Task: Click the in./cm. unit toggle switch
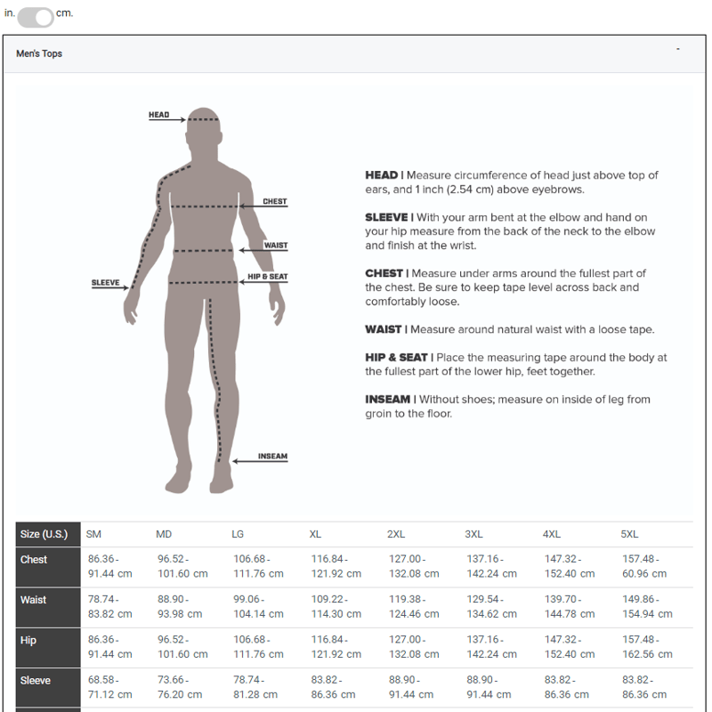(x=36, y=17)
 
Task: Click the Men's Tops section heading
(x=39, y=53)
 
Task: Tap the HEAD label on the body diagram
(x=159, y=115)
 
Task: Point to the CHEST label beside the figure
(x=275, y=201)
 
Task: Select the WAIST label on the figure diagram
(x=276, y=246)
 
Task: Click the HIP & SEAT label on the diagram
(x=268, y=277)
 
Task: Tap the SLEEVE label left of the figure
(x=105, y=282)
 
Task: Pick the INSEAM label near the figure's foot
(x=272, y=456)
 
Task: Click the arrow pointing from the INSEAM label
(x=260, y=461)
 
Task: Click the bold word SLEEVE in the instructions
(x=386, y=217)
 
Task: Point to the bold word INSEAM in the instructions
(x=387, y=400)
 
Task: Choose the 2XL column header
(x=396, y=535)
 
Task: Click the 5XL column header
(x=629, y=535)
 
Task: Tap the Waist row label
(x=33, y=600)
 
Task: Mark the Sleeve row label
(x=36, y=680)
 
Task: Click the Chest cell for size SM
(x=109, y=566)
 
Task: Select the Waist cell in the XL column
(x=336, y=607)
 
